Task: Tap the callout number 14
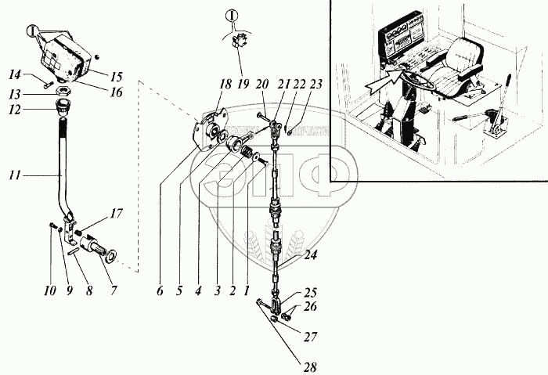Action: pos(15,74)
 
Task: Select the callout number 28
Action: pos(301,365)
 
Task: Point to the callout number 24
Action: pos(312,256)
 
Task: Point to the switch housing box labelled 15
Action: pos(61,60)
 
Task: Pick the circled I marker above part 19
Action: pos(232,15)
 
